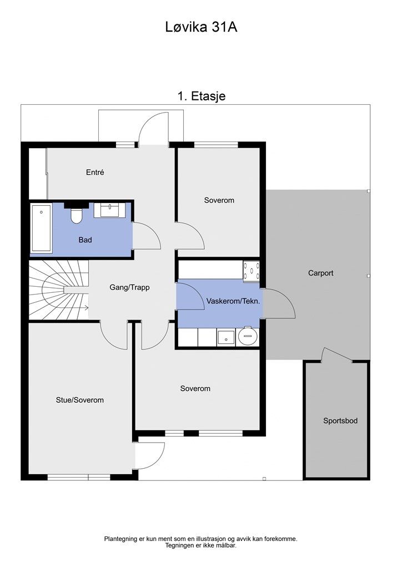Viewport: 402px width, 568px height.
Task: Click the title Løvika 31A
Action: tap(201, 27)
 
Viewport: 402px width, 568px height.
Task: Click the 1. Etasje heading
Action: tap(202, 96)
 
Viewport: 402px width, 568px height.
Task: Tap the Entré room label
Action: tap(95, 172)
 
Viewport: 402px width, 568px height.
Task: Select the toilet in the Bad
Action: tap(76, 216)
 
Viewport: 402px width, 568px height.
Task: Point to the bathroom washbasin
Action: tap(110, 210)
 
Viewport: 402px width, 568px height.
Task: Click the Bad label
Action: tap(85, 240)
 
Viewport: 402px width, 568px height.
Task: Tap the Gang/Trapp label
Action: tap(129, 287)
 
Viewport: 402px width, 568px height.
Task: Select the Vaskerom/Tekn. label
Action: tap(233, 301)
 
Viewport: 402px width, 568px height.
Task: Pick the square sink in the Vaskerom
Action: tap(226, 337)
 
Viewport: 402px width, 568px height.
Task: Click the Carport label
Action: tap(321, 273)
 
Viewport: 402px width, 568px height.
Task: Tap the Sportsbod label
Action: tap(340, 420)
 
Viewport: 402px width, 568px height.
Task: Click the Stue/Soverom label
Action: tap(80, 400)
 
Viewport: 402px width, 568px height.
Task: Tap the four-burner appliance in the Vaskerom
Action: tap(252, 271)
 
